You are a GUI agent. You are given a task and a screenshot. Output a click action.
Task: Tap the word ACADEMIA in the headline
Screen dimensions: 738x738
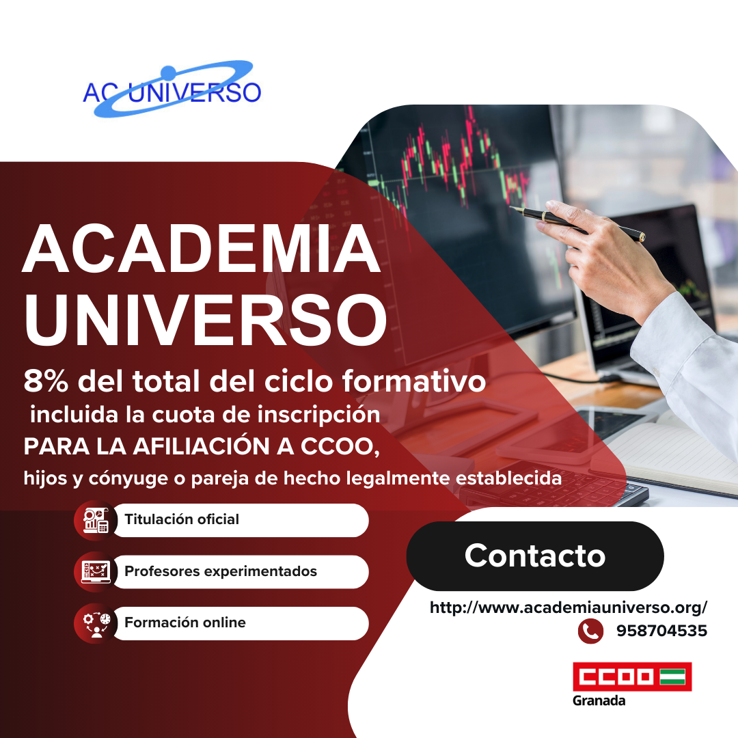[x=201, y=249]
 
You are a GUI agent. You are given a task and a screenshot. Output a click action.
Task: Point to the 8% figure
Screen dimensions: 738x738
[x=47, y=381]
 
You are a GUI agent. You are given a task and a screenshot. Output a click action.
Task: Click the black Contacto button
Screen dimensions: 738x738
[x=535, y=556]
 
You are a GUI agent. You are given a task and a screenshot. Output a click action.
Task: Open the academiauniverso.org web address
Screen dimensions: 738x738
[x=568, y=607]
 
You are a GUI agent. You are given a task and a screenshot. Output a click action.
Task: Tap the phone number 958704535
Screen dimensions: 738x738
[x=661, y=631]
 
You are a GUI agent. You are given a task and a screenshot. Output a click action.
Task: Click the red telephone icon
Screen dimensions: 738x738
[x=590, y=631]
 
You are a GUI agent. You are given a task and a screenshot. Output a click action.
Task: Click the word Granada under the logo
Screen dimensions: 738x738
[x=599, y=701]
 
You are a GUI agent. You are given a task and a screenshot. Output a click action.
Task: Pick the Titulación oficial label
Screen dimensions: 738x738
[x=182, y=519]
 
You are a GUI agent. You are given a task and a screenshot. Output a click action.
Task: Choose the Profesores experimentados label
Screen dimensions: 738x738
[x=220, y=571]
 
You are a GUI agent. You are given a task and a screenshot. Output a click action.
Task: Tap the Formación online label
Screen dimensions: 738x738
[x=184, y=623]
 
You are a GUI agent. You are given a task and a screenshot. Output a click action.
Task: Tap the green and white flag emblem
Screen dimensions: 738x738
[x=675, y=676]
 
